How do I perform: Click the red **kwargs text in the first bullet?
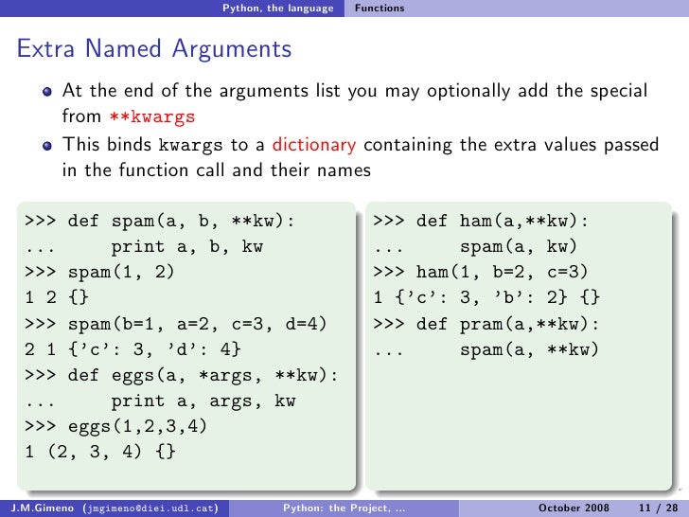click(150, 116)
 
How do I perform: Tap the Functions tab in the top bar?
click(380, 9)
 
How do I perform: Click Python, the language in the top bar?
click(277, 9)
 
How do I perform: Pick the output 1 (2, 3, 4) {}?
click(99, 452)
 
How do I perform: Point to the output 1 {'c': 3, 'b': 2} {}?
click(486, 298)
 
